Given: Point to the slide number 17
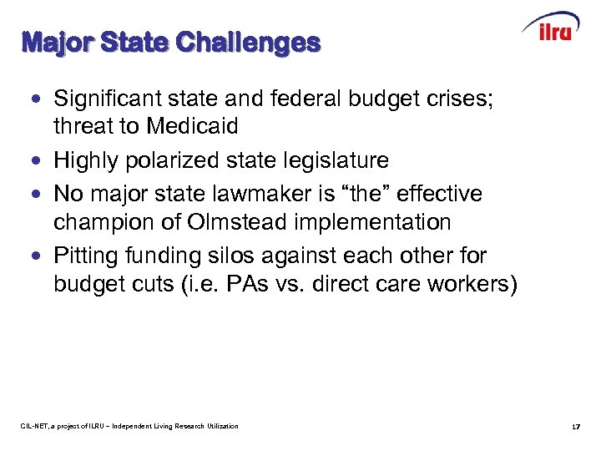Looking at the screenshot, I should click(x=575, y=427).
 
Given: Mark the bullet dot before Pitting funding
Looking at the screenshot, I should click(x=34, y=256).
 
